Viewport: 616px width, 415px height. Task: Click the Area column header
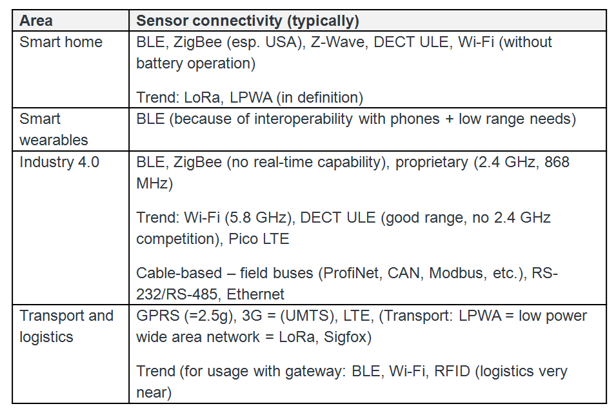(x=35, y=21)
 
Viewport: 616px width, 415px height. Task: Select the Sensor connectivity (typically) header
(x=248, y=21)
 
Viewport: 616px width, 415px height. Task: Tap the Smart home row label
(x=61, y=42)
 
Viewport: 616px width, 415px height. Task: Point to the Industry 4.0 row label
(x=59, y=162)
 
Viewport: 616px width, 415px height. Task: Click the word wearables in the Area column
(x=54, y=140)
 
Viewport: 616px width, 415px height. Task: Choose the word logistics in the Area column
(x=46, y=337)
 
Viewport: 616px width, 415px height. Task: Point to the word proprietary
(x=432, y=162)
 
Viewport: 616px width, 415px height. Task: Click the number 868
(x=557, y=162)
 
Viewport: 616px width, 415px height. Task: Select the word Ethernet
(x=255, y=294)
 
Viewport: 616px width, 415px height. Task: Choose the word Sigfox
(x=346, y=337)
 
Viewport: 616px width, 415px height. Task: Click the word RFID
(x=452, y=371)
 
